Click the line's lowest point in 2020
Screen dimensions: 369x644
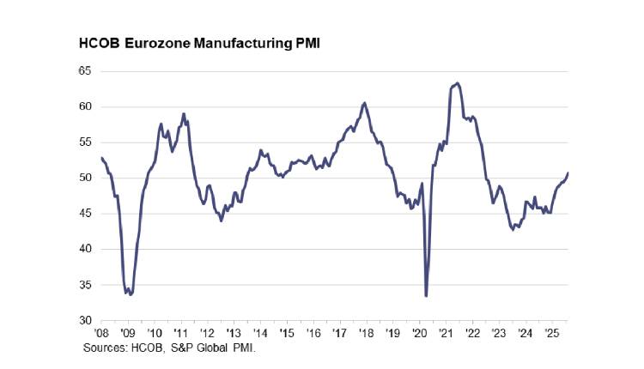point(427,296)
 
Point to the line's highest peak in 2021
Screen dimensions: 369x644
point(458,82)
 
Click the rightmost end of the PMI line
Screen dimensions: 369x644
point(568,173)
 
